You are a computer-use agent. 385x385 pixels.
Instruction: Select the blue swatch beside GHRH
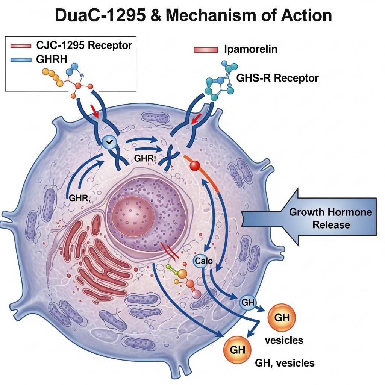(x=22, y=59)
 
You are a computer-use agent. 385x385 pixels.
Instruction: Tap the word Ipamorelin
(x=250, y=50)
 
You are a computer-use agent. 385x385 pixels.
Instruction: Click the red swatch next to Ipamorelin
(x=206, y=50)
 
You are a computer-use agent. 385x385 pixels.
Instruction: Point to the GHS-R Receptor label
(x=277, y=78)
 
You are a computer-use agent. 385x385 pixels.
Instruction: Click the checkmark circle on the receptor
(x=109, y=142)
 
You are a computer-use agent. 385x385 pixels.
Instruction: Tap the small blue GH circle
(x=247, y=302)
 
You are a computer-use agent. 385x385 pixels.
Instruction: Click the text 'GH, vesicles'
(x=285, y=363)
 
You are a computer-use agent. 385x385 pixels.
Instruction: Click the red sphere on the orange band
(x=195, y=166)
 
